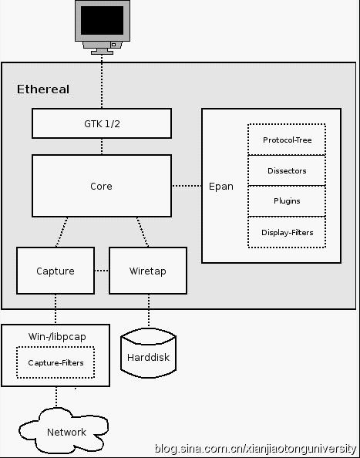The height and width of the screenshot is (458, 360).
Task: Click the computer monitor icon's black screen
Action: tap(102, 21)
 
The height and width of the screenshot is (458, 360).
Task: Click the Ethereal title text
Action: tap(43, 89)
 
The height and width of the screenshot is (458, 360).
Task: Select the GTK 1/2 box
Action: tap(102, 123)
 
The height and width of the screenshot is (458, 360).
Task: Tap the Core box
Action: tap(102, 186)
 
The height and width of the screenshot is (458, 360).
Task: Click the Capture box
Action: tap(56, 271)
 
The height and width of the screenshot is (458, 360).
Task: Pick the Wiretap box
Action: tap(148, 271)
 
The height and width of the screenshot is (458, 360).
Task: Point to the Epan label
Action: tap(221, 187)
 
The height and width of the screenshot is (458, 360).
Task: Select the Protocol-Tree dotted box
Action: tap(287, 140)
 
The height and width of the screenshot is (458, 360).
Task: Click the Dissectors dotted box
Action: tap(287, 170)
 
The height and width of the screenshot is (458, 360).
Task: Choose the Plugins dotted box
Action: tap(287, 201)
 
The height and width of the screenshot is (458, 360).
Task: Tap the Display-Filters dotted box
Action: tap(287, 232)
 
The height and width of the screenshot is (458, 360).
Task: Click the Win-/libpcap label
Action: tap(57, 337)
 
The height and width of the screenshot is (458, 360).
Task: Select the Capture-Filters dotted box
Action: tap(56, 362)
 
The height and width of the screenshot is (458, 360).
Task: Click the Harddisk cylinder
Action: tap(148, 353)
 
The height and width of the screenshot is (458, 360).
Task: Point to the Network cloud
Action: tap(64, 430)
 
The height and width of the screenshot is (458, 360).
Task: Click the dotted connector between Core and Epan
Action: tap(187, 186)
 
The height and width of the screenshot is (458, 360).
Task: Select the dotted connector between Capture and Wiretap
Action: tap(102, 271)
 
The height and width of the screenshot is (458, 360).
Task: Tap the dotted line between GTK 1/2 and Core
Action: tap(102, 146)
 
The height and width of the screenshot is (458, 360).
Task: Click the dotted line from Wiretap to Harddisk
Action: tap(149, 311)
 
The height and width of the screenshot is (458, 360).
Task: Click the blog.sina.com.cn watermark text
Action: tap(255, 449)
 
